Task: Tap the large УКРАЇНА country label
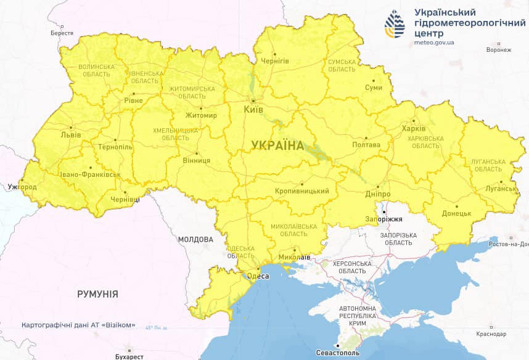(277, 145)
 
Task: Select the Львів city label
(67, 134)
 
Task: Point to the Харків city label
(414, 129)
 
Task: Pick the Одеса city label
(258, 276)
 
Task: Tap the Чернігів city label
(275, 60)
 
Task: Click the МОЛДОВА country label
(195, 239)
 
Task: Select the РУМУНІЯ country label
(97, 294)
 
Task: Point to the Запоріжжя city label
(384, 219)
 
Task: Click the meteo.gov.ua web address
(434, 43)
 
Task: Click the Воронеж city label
(498, 50)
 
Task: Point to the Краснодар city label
(491, 333)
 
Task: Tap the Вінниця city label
(197, 160)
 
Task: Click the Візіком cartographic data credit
(78, 325)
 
